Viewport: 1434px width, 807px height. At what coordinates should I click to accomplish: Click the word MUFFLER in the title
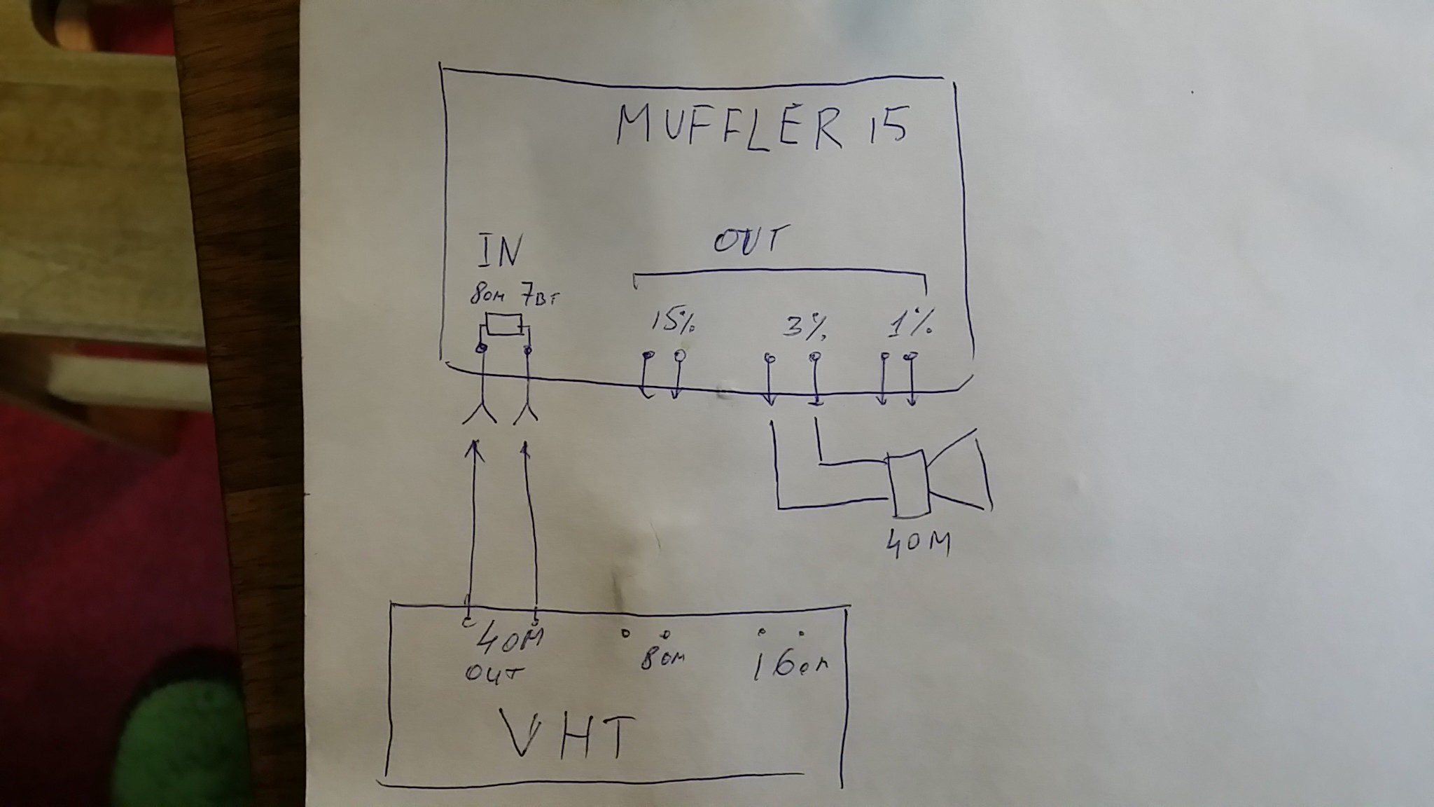pos(729,129)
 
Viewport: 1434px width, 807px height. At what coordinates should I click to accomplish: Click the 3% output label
pos(805,325)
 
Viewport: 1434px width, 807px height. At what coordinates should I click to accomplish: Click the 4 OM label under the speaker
pos(917,544)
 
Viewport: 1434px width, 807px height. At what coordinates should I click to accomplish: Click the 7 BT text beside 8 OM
pos(540,298)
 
